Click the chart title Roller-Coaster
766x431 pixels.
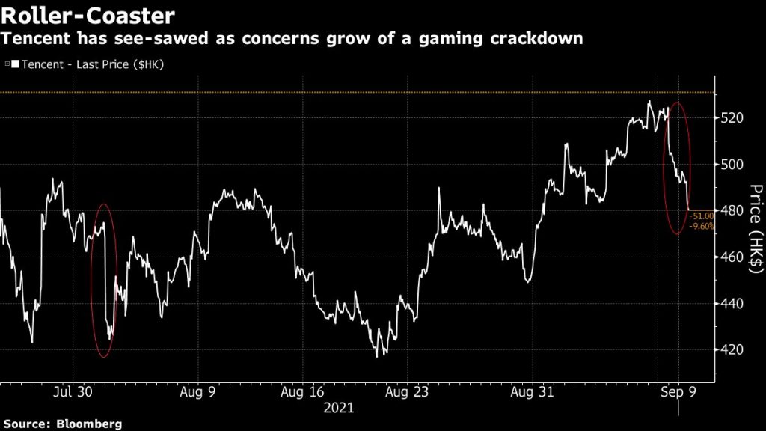pyautogui.click(x=88, y=16)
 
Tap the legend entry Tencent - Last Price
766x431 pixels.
pyautogui.click(x=88, y=64)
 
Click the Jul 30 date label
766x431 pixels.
pyautogui.click(x=73, y=391)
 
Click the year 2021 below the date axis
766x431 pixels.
pyautogui.click(x=338, y=409)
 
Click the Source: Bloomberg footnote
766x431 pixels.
pyautogui.click(x=61, y=424)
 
